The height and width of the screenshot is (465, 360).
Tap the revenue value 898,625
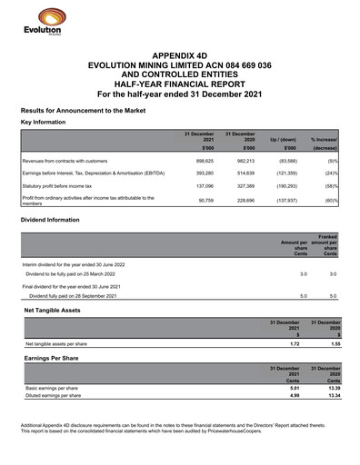click(x=201, y=159)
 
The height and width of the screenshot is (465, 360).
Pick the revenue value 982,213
click(x=242, y=159)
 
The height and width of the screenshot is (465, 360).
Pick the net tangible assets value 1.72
click(x=294, y=345)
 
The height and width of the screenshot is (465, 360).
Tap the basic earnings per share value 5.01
click(x=294, y=388)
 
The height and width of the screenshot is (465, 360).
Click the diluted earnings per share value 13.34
click(x=334, y=395)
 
